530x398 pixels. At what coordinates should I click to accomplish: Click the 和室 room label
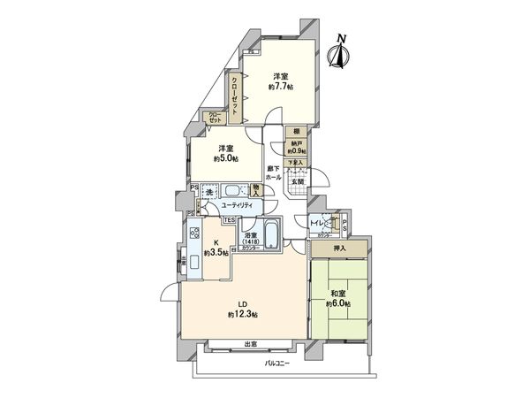[337, 295]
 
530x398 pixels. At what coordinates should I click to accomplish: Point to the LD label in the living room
[240, 305]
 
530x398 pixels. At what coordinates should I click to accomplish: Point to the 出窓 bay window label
[250, 343]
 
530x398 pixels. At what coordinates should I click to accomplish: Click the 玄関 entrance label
[296, 183]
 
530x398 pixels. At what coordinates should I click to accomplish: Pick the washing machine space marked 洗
[209, 191]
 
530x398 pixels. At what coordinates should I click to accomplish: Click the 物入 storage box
[256, 188]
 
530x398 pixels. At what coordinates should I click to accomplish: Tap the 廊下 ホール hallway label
[274, 173]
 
